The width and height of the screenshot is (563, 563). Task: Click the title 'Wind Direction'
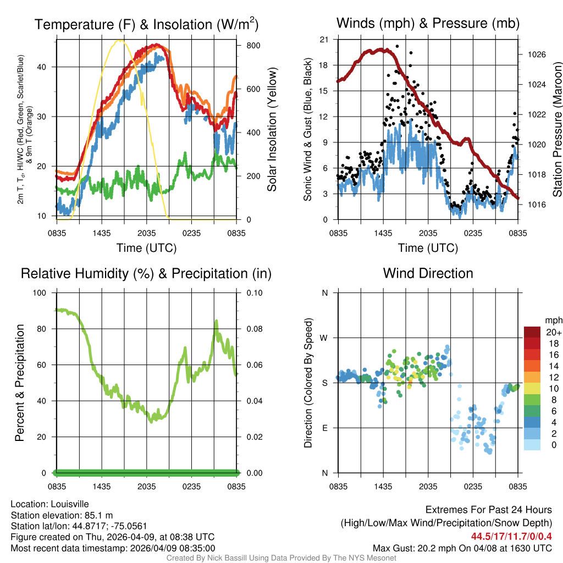tap(428, 273)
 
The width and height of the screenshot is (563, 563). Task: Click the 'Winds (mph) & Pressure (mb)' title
tap(428, 24)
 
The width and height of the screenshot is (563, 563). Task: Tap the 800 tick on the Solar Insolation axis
tap(253, 45)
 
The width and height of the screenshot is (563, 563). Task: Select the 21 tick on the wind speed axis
tap(324, 40)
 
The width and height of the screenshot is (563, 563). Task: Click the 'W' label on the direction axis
tap(324, 338)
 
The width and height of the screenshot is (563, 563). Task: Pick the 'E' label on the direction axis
tap(324, 428)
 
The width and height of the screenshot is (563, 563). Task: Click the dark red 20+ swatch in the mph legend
tap(532, 332)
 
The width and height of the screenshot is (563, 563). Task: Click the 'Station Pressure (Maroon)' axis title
tap(557, 130)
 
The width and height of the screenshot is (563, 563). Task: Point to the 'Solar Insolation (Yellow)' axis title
tap(272, 130)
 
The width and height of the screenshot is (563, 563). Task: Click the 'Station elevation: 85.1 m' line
tap(62, 515)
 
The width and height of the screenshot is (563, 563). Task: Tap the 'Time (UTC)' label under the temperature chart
tap(146, 248)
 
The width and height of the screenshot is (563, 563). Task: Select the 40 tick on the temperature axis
tap(46, 67)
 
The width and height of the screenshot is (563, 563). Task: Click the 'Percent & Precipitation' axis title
tap(20, 383)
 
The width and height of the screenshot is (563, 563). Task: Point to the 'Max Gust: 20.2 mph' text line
tap(462, 548)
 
